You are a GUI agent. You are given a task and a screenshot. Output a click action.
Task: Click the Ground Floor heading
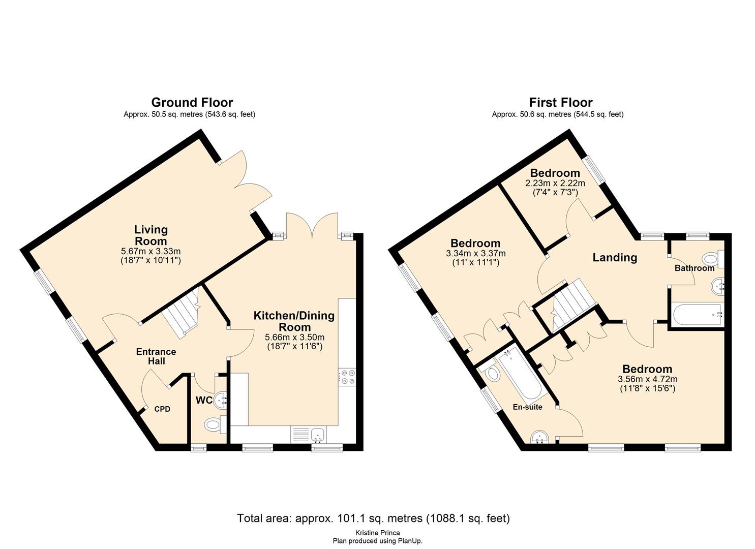click(x=192, y=103)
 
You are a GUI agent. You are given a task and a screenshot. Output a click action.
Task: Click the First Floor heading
click(x=560, y=103)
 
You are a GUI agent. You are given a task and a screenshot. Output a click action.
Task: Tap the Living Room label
click(x=150, y=235)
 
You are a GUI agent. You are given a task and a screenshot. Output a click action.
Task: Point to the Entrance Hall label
click(x=156, y=356)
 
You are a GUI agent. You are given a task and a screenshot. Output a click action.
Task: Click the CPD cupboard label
click(x=162, y=409)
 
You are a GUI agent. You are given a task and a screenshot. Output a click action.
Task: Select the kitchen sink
click(x=318, y=435)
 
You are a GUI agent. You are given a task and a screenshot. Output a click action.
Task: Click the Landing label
click(x=615, y=258)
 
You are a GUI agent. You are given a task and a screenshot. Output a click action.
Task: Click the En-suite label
click(x=527, y=407)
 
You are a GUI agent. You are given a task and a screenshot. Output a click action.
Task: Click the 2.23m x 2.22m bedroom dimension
click(x=555, y=184)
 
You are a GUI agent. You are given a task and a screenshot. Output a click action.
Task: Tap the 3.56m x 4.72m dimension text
click(x=647, y=379)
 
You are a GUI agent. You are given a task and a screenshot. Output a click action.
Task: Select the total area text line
click(x=373, y=518)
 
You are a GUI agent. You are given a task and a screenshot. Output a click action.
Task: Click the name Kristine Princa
click(x=377, y=533)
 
